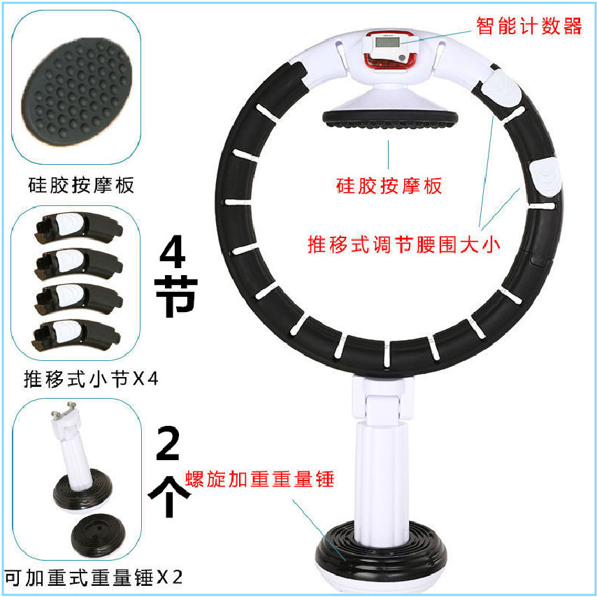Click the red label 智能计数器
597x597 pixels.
528,27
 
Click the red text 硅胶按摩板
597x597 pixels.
389,186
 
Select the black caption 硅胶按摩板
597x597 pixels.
81,185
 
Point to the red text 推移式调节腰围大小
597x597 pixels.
404,244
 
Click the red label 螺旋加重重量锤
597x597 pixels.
259,479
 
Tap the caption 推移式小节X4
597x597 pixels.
91,378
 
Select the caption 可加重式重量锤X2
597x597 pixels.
94,577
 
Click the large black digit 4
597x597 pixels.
173,251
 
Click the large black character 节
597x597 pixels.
175,296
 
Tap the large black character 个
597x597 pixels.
168,496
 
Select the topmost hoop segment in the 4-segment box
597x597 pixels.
78,228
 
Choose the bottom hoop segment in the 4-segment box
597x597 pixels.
76,335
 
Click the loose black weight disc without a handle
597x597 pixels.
98,536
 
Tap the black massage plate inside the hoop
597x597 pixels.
390,119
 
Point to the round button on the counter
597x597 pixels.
401,58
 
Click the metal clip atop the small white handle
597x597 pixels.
64,411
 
